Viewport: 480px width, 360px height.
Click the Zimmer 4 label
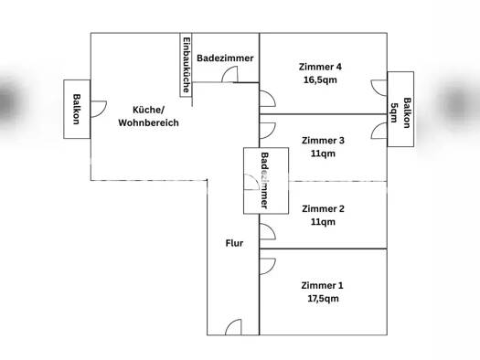point(320,67)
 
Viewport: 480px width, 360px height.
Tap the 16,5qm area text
point(320,80)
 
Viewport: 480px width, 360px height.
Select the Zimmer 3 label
point(323,141)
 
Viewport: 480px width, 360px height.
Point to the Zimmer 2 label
point(323,208)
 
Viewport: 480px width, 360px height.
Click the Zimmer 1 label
point(323,285)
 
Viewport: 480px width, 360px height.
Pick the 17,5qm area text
point(323,299)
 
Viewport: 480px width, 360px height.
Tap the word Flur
point(234,243)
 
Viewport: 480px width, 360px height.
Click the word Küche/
point(148,110)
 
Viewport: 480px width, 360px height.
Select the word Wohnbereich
point(148,122)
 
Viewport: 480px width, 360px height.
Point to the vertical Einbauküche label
point(187,65)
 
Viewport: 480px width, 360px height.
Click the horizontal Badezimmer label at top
point(225,58)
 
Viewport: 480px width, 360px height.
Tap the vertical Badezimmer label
point(264,181)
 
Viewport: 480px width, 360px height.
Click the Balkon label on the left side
point(77,109)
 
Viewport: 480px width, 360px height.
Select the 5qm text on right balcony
point(394,112)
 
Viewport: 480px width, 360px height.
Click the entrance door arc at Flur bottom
point(233,326)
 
